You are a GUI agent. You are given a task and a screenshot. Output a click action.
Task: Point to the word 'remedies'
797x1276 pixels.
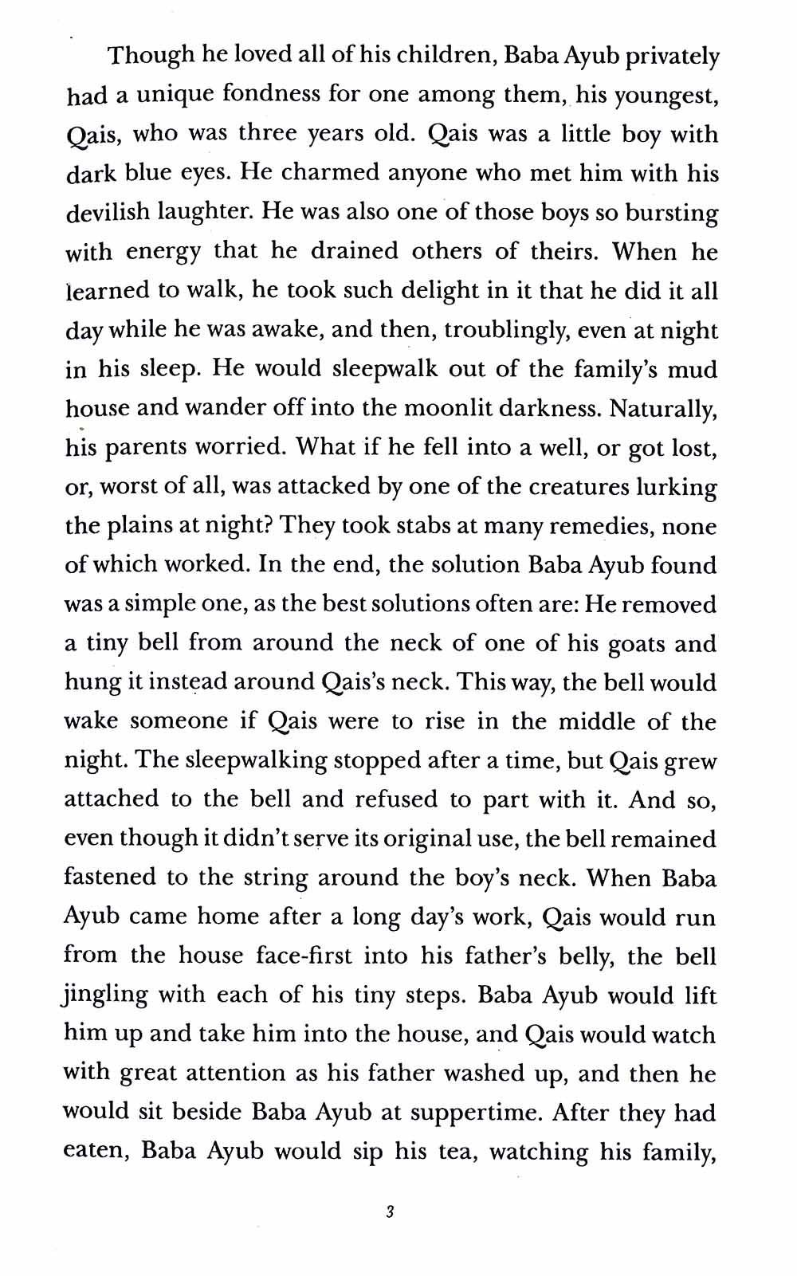603,525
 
